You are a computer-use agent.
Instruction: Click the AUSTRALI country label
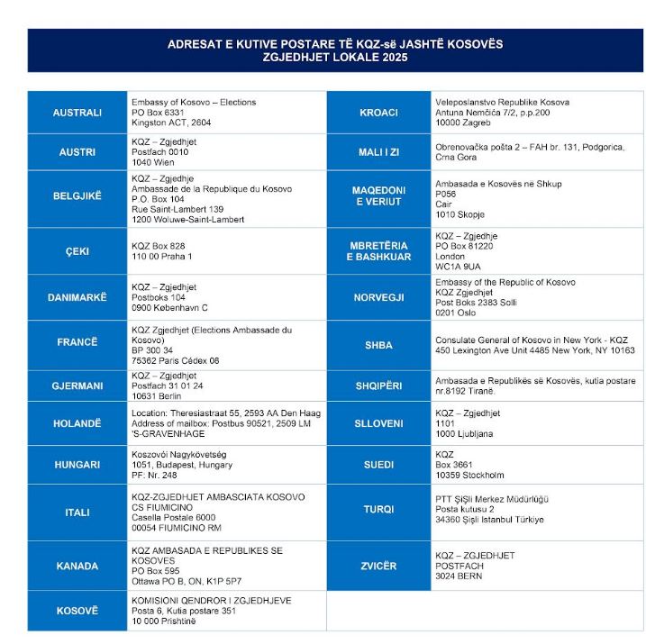[77, 113]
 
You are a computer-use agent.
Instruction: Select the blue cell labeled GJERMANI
[77, 385]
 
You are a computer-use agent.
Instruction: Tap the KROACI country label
[378, 113]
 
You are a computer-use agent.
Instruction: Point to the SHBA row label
[378, 345]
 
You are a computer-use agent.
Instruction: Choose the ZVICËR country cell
[378, 566]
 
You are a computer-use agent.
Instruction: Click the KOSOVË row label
[77, 611]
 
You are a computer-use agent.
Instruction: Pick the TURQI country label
[378, 510]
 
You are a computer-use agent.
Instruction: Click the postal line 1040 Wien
[153, 163]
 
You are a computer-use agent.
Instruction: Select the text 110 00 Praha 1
[162, 256]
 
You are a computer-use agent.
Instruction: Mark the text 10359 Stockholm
[469, 475]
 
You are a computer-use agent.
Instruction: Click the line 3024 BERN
[459, 576]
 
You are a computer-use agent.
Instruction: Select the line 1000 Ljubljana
[464, 433]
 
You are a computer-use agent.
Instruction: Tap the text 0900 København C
[169, 307]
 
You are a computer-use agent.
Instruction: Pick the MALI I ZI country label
[378, 152]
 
